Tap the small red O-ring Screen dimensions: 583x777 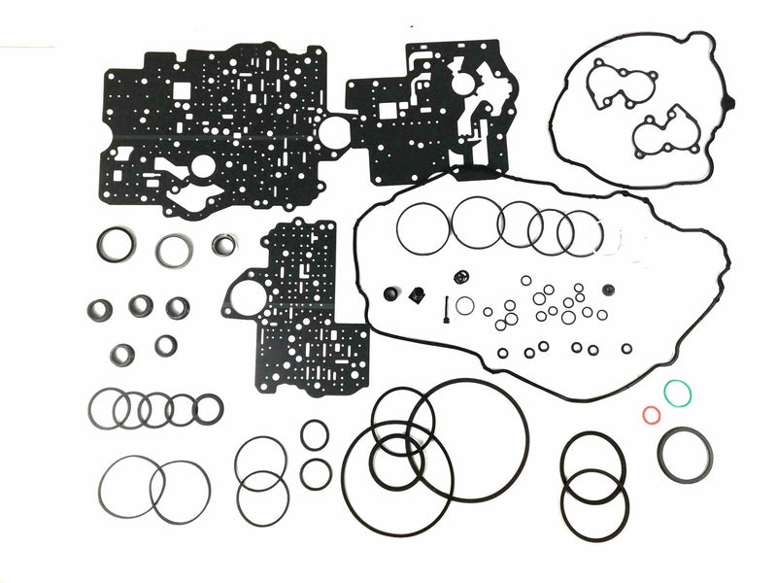(652, 415)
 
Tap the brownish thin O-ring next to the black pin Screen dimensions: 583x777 (466, 306)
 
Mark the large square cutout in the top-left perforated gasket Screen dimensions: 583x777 (181, 90)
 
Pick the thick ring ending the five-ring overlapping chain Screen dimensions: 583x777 (208, 409)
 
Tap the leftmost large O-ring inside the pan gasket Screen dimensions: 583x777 (422, 226)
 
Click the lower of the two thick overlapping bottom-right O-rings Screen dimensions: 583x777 (594, 504)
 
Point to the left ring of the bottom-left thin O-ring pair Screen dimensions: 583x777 (127, 487)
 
